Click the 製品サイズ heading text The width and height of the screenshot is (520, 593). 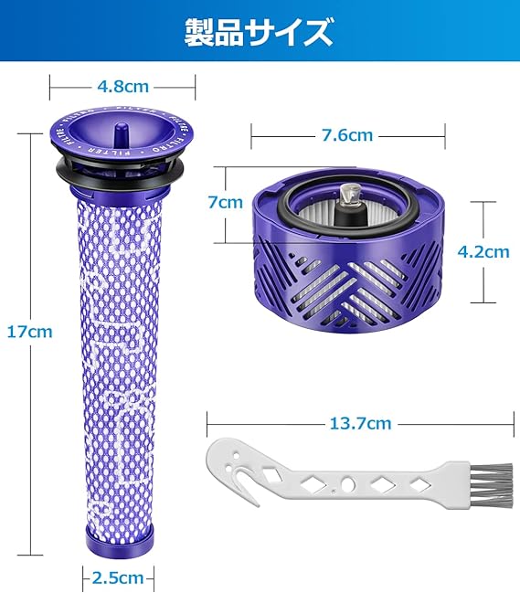(x=259, y=33)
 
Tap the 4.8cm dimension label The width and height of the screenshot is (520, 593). (x=122, y=87)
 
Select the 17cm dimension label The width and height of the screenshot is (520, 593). (x=30, y=332)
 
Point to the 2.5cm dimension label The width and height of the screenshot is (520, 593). (x=118, y=577)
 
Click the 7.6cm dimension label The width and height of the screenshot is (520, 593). (x=347, y=135)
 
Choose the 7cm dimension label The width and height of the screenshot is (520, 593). (x=226, y=202)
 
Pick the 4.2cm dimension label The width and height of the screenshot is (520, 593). (x=483, y=252)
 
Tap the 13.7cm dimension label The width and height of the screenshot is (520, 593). (x=360, y=423)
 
